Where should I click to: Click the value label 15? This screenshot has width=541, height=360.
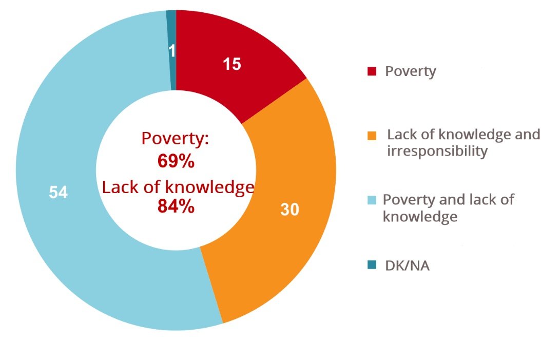(232, 65)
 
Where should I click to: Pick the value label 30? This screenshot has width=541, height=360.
(290, 210)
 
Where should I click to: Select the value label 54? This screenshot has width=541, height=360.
(59, 193)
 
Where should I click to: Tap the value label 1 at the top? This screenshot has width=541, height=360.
(172, 51)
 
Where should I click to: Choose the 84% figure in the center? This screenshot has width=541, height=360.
(176, 206)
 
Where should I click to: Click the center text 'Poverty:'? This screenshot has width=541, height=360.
(175, 139)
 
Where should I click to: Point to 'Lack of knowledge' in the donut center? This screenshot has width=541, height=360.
(178, 187)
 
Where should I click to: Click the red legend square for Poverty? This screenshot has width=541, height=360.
(372, 71)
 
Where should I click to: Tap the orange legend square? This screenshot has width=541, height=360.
(373, 136)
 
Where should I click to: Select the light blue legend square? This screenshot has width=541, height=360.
(373, 200)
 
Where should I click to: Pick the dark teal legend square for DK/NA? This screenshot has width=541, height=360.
(372, 266)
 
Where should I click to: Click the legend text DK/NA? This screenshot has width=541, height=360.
(407, 266)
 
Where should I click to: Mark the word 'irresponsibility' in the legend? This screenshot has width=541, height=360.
(437, 151)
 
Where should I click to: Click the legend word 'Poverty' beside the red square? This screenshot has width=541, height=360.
(411, 71)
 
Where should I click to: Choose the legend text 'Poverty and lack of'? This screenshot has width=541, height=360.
(448, 200)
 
